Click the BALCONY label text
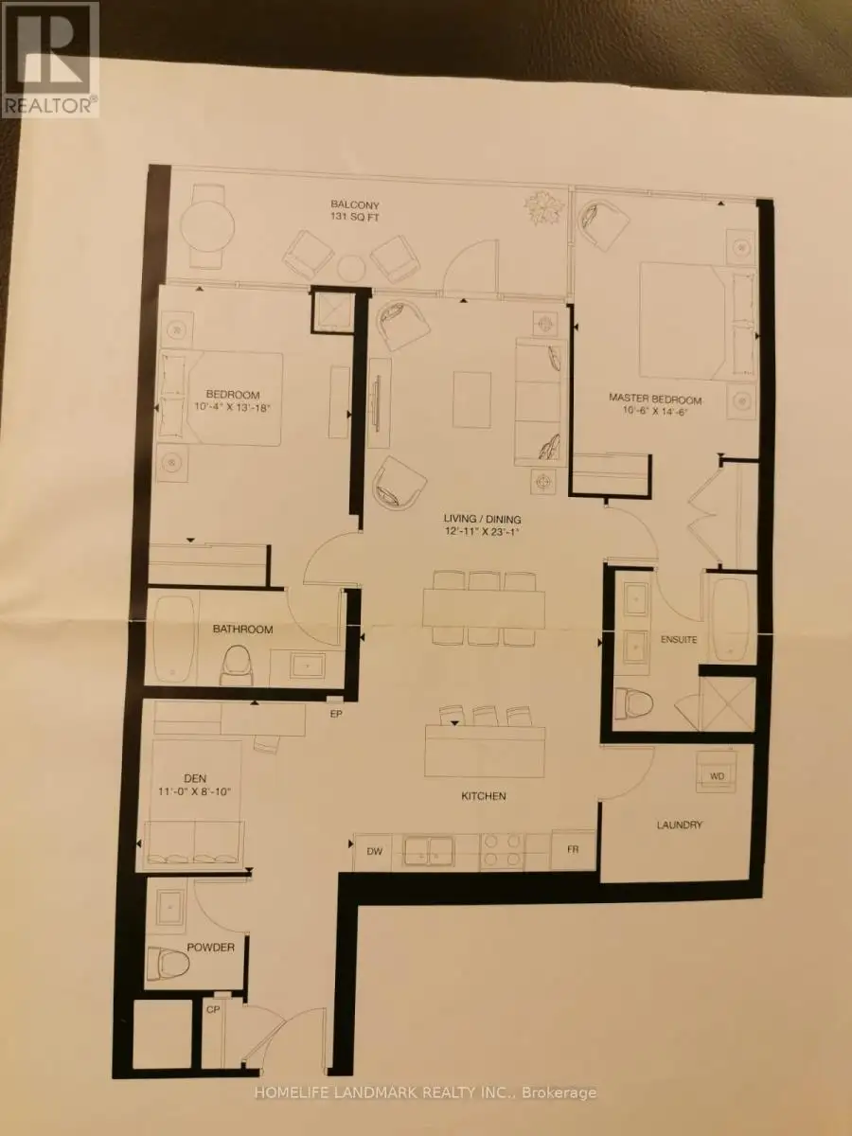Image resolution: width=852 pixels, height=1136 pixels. pos(355,204)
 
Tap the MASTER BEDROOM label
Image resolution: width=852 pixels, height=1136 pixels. pos(655,399)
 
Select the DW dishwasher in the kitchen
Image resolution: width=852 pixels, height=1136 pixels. pos(374,851)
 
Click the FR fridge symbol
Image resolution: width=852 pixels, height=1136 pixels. pos(573,849)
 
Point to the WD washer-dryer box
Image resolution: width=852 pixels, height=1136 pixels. pos(716,776)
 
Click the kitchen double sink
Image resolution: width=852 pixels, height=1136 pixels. pos(428,851)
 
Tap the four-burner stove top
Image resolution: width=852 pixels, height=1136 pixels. pos(502,851)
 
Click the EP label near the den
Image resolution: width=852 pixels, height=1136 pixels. pos(336,715)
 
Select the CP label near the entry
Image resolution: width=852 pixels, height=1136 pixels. pos(213,1010)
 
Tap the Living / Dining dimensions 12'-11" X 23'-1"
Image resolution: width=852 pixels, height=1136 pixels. pos(482,530)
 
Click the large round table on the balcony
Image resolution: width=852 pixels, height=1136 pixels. pos(207,226)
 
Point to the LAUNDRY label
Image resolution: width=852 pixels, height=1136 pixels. pos(679,825)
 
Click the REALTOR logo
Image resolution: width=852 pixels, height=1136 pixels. pos(49,59)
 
